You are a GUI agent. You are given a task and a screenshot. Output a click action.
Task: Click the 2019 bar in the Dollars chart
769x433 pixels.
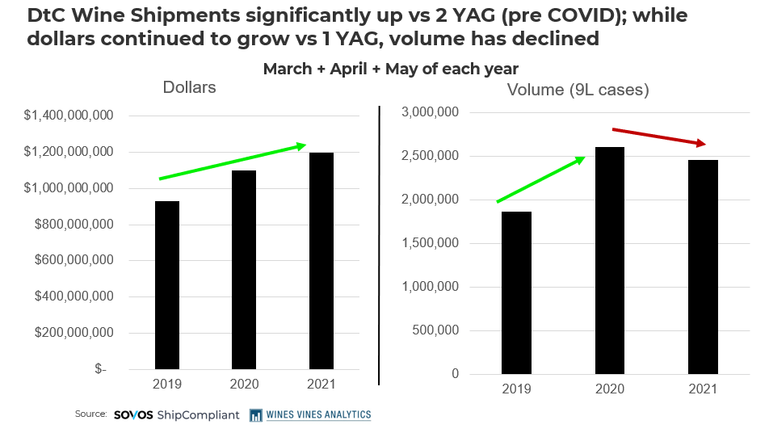(x=167, y=284)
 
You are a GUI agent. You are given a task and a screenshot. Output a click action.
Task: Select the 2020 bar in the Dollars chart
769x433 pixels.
(x=244, y=269)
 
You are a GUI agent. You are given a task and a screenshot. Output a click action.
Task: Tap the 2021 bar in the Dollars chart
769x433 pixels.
(x=321, y=260)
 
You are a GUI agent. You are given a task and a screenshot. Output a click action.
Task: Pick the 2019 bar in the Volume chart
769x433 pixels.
(x=516, y=292)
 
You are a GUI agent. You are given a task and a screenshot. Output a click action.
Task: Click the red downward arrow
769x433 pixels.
(x=659, y=137)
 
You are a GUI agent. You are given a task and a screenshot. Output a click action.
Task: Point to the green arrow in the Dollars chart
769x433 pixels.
(x=232, y=162)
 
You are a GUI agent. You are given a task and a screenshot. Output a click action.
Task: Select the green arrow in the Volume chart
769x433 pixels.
(x=540, y=179)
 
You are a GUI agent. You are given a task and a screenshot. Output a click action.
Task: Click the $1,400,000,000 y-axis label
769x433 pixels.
(x=68, y=116)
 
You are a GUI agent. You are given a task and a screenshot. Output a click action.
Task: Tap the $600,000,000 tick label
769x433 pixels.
(x=73, y=260)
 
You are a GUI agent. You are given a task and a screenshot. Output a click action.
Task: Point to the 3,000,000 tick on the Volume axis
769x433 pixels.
(x=430, y=112)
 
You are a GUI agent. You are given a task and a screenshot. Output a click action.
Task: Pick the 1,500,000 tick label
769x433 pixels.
(x=430, y=243)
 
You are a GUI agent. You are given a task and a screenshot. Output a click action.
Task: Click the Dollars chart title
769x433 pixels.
(x=189, y=87)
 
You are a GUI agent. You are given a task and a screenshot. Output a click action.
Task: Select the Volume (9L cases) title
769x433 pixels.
(x=578, y=90)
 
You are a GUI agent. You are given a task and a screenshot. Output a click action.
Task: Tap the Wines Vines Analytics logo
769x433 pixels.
(x=310, y=414)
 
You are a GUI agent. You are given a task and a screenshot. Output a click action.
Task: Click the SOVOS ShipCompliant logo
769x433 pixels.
(x=176, y=414)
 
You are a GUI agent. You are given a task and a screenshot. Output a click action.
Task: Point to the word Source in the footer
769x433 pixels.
(x=90, y=414)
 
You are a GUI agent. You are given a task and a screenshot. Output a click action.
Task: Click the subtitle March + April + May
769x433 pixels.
(x=390, y=69)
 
